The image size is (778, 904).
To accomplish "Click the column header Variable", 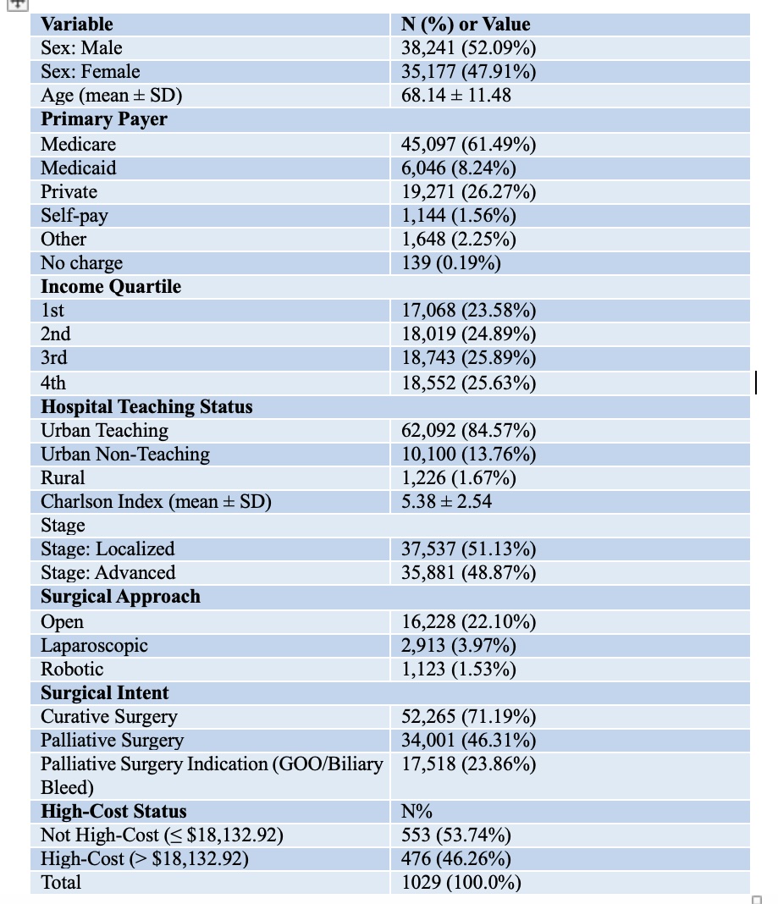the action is pyautogui.click(x=77, y=25).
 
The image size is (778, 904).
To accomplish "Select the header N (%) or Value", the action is pyautogui.click(x=466, y=25).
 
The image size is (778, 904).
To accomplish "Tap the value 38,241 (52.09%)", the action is pyautogui.click(x=468, y=48).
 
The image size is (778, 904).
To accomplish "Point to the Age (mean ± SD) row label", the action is pyautogui.click(x=111, y=95).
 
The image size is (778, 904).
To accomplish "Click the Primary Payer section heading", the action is pyautogui.click(x=104, y=119).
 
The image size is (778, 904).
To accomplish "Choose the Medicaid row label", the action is pyautogui.click(x=79, y=168).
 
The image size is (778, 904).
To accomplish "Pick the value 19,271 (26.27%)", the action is pyautogui.click(x=468, y=192).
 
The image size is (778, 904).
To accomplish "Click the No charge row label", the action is pyautogui.click(x=81, y=263).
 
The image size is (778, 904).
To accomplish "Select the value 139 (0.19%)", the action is pyautogui.click(x=451, y=263).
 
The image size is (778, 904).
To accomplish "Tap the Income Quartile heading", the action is pyautogui.click(x=111, y=287).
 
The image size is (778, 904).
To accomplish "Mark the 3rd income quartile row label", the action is pyautogui.click(x=53, y=357).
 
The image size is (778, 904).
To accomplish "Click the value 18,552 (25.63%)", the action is pyautogui.click(x=468, y=383).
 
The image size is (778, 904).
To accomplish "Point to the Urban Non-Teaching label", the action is pyautogui.click(x=125, y=455).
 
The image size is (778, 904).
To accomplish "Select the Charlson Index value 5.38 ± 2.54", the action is pyautogui.click(x=446, y=502).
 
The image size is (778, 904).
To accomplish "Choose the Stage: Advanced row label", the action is pyautogui.click(x=108, y=572).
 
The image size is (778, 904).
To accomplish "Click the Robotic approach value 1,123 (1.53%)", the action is pyautogui.click(x=459, y=670).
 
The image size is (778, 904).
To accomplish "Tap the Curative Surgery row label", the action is pyautogui.click(x=109, y=717).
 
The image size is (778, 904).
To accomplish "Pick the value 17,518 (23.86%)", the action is pyautogui.click(x=468, y=763).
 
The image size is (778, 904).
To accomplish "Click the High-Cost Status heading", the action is pyautogui.click(x=113, y=811).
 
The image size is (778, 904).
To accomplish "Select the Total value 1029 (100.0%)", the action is pyautogui.click(x=461, y=883).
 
